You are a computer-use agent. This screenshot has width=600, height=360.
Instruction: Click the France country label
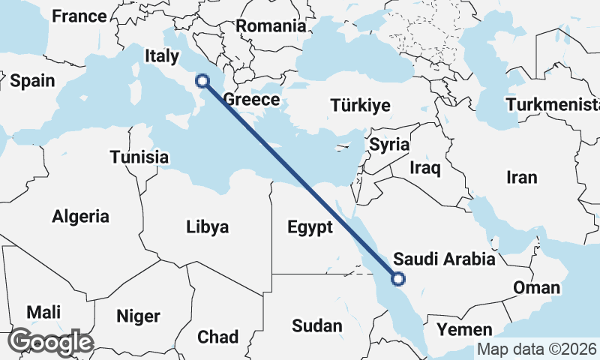(79, 16)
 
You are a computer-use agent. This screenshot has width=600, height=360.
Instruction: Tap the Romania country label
(271, 25)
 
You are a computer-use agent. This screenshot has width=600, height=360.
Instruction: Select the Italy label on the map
(162, 55)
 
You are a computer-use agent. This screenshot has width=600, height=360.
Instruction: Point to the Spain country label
(33, 81)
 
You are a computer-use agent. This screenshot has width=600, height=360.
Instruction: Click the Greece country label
(252, 100)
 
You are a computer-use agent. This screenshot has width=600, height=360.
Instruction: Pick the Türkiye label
(361, 105)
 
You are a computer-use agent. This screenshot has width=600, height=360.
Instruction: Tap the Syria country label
(388, 144)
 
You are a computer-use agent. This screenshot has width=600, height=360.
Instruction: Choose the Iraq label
(424, 168)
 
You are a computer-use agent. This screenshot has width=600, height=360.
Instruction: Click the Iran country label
(522, 178)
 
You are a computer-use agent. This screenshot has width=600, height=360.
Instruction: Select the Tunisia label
(139, 157)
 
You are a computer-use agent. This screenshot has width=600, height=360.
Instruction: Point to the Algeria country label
(80, 217)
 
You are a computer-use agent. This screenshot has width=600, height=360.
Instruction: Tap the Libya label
(207, 226)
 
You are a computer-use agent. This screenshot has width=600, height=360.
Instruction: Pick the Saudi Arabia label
(445, 259)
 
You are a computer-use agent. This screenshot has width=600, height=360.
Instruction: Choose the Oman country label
(536, 287)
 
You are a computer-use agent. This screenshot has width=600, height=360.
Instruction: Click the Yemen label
(466, 329)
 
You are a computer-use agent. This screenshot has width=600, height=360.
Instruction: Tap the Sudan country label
(317, 325)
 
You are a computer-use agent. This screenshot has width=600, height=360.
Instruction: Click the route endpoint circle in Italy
(202, 80)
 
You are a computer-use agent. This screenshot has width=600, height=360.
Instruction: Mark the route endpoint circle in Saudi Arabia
(397, 279)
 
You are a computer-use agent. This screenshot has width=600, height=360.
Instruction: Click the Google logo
(50, 342)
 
